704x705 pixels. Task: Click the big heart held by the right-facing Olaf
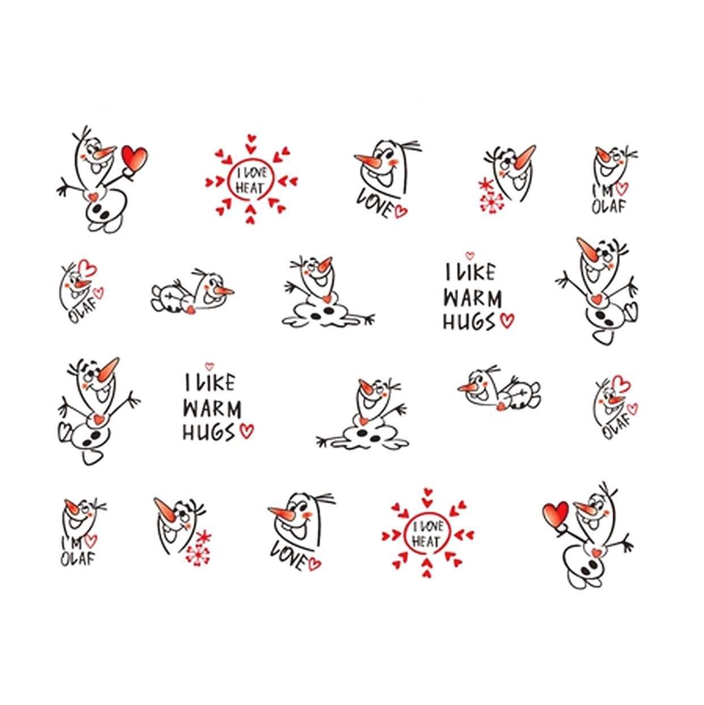pos(134,158)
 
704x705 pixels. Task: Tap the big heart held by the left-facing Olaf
pos(555,516)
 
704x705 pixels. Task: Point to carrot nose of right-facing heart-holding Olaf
pos(105,151)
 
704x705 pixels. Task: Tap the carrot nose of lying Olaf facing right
pos(223,291)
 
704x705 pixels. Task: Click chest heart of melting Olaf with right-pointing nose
pos(327,298)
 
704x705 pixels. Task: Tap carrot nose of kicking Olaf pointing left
pos(589,250)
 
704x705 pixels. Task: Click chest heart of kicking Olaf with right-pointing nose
pos(99,419)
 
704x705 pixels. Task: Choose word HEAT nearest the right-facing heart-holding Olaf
pos(250,188)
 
